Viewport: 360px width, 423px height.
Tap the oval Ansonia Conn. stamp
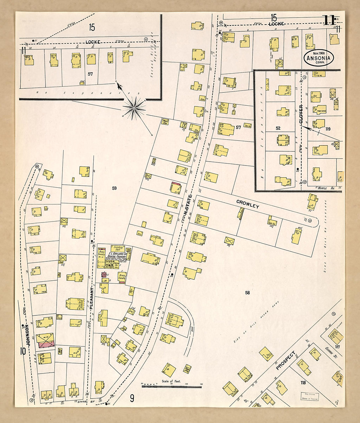tap(318, 58)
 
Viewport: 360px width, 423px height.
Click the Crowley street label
tap(248, 204)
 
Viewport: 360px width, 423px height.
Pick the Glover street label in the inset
tap(301, 114)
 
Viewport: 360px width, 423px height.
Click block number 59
tap(114, 188)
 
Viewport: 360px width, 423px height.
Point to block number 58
tap(247, 293)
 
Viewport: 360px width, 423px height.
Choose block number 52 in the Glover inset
tap(278, 128)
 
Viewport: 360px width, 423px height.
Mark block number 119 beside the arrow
tap(328, 129)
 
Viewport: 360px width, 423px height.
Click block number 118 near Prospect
tap(303, 383)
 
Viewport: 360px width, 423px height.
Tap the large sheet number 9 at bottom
tap(132, 398)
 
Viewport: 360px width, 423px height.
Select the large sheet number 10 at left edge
tap(23, 352)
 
